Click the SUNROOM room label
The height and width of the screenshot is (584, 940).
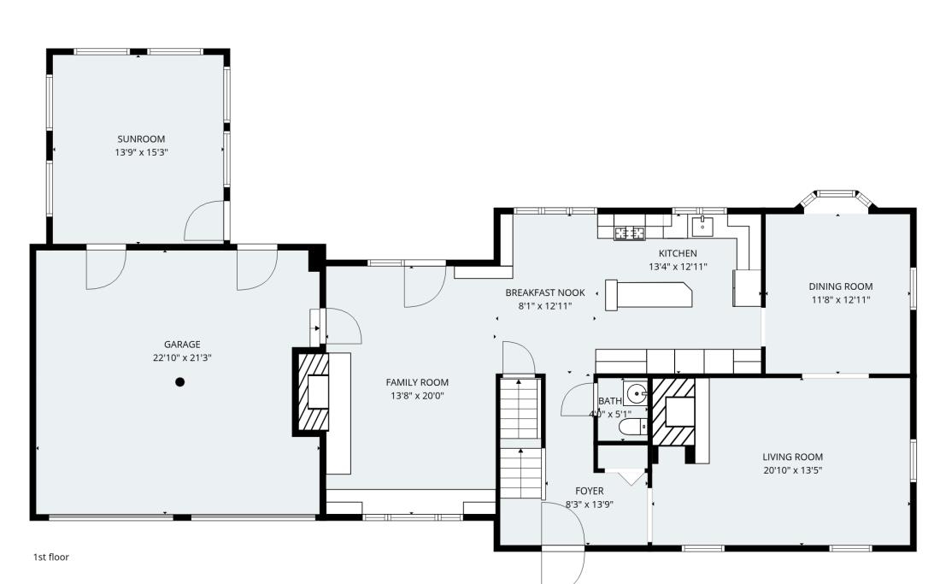(x=141, y=139)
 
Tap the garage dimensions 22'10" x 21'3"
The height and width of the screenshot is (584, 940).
(x=176, y=357)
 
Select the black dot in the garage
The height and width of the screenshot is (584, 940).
(x=179, y=382)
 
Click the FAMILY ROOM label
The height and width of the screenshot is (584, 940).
(x=417, y=382)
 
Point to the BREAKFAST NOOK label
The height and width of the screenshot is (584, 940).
(x=544, y=292)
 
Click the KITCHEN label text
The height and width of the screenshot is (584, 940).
(x=677, y=253)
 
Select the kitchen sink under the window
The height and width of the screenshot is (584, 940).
(x=702, y=226)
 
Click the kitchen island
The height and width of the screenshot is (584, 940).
(x=649, y=294)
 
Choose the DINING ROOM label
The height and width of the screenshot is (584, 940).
(x=840, y=286)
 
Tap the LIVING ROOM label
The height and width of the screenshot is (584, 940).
(x=792, y=457)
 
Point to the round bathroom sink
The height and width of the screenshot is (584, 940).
(x=636, y=395)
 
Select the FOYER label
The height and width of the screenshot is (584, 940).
(x=589, y=491)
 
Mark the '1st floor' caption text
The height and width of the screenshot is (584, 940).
(x=51, y=557)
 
